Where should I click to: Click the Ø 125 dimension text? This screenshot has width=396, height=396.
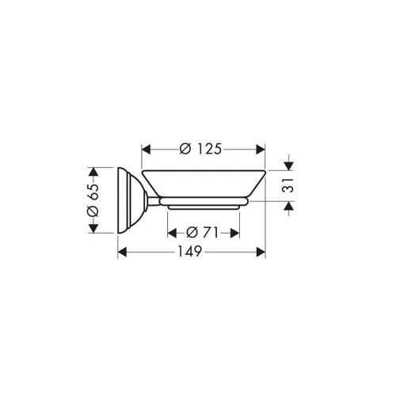pos(200,149)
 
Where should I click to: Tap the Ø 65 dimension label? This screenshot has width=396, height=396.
pos(93,200)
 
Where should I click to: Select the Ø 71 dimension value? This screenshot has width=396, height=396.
pos(203,233)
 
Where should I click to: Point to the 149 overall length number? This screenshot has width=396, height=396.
pos(190,252)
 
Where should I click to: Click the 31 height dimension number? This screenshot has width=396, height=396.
pos(289,185)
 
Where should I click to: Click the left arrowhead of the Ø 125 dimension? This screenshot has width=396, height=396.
pos(147,150)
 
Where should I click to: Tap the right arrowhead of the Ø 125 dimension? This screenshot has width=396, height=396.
pos(261,150)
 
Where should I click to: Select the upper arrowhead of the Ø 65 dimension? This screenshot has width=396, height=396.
pos(93,172)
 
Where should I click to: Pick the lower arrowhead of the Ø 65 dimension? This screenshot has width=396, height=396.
pos(93,228)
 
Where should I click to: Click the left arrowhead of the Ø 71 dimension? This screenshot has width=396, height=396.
pos(172,233)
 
